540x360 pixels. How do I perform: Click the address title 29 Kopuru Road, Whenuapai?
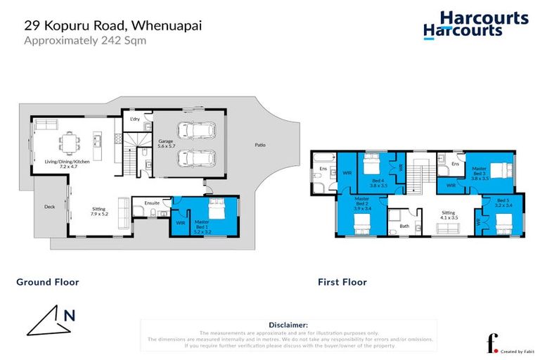click(104, 25)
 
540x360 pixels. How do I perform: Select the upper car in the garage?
click(197, 131)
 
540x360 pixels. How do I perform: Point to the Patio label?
click(260, 146)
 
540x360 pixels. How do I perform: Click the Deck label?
click(49, 207)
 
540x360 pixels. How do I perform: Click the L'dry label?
click(135, 120)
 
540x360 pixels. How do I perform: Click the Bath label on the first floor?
click(404, 226)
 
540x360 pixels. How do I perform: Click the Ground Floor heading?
click(48, 282)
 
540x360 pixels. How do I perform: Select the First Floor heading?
click(342, 282)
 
